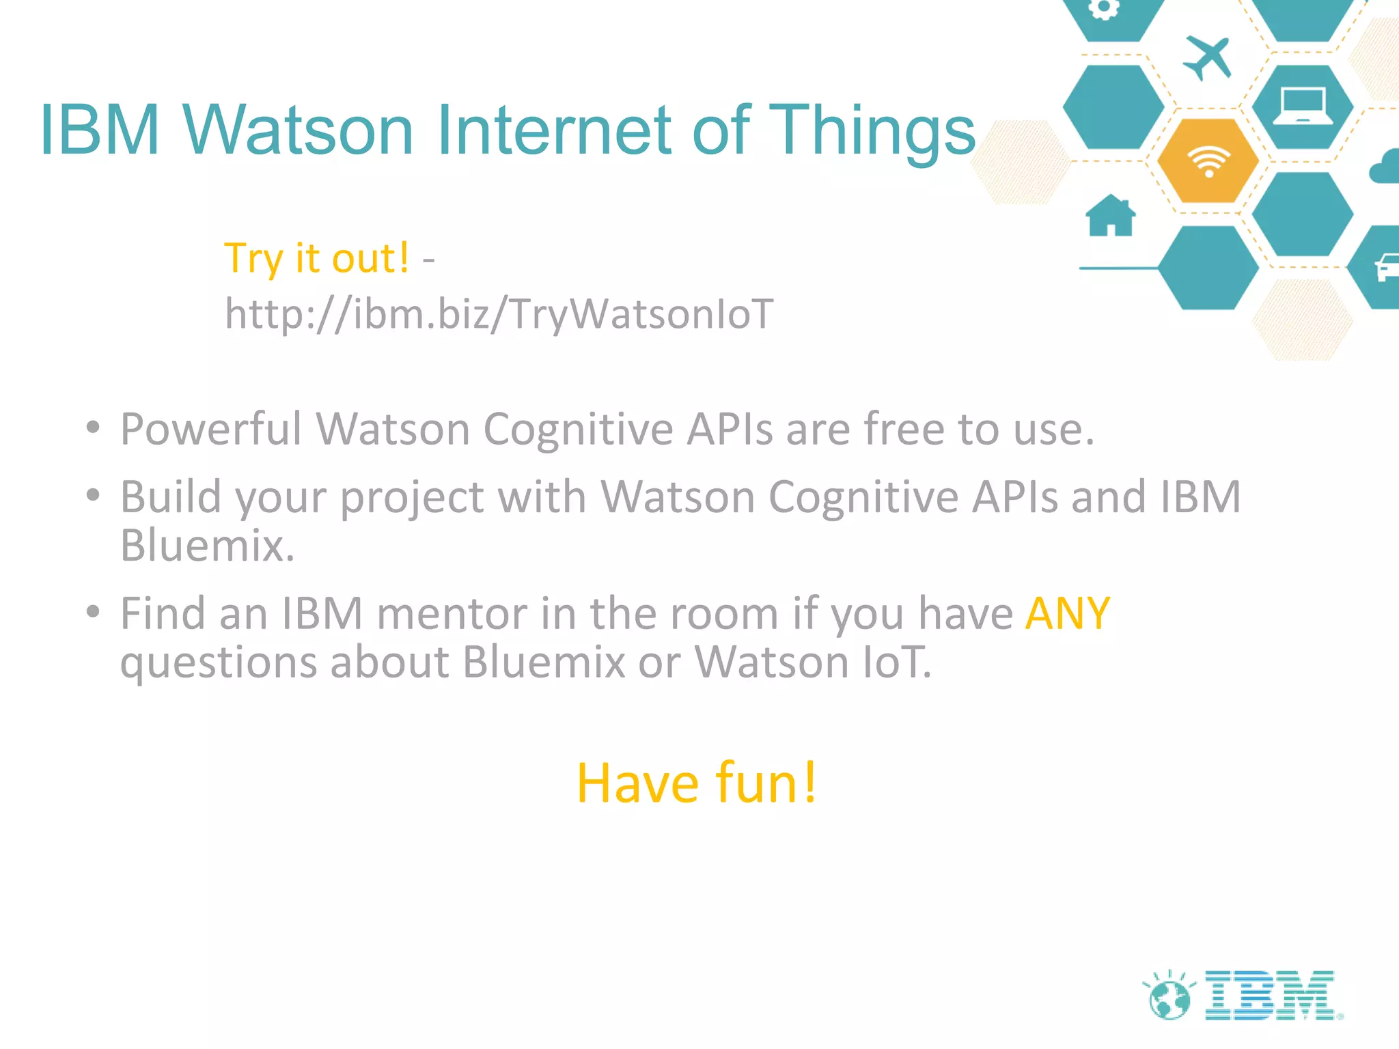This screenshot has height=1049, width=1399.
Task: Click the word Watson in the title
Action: [x=298, y=130]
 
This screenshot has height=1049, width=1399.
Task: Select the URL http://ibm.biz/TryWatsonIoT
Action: [x=499, y=315]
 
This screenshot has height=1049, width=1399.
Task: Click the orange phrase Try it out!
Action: [x=317, y=258]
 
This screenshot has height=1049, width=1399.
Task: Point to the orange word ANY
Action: [x=1067, y=613]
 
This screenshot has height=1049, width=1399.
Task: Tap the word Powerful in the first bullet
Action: [x=210, y=430]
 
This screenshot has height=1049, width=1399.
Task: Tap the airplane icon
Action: [x=1208, y=57]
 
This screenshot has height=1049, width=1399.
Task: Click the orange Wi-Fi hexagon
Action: [x=1208, y=161]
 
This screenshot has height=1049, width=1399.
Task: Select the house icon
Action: [x=1111, y=216]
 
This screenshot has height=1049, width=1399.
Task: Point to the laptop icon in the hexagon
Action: [x=1303, y=107]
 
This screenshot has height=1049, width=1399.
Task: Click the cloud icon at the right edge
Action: [x=1385, y=167]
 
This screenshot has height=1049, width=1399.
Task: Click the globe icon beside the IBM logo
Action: [x=1169, y=998]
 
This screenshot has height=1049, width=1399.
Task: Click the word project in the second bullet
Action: [x=412, y=497]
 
